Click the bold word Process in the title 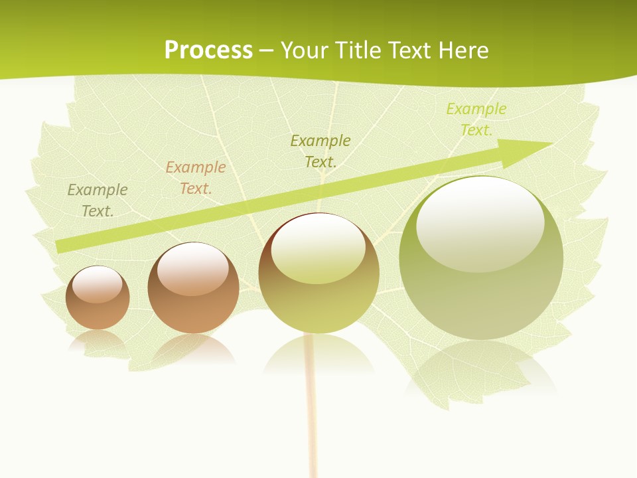(x=208, y=50)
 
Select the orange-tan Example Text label (x=196, y=178)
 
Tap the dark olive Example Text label (x=320, y=151)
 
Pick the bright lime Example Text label (x=476, y=119)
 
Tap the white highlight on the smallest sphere (x=98, y=285)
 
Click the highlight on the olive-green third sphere (x=318, y=249)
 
